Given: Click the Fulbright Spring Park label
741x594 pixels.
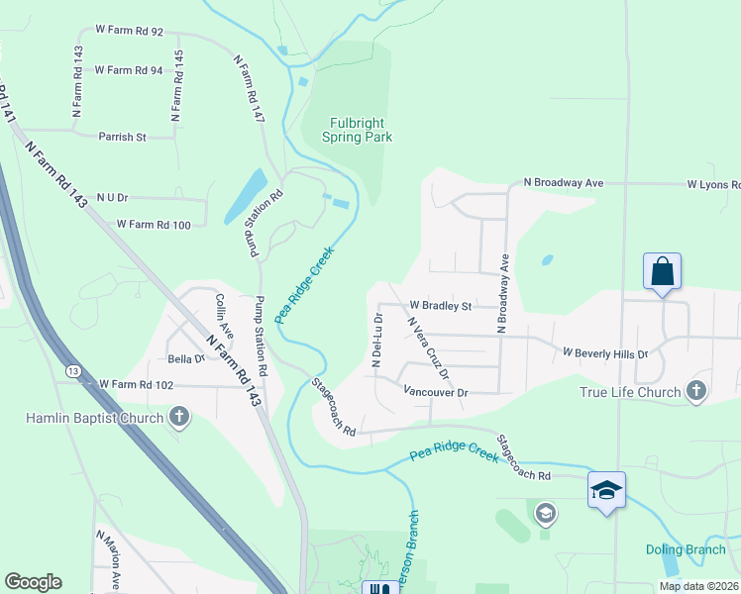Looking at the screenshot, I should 358,130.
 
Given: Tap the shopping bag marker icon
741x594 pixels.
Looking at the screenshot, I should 662,271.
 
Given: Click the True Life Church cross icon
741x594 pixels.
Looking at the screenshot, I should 696,392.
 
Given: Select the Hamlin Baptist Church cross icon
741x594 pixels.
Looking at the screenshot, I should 179,418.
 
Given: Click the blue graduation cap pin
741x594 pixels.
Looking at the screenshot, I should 606,490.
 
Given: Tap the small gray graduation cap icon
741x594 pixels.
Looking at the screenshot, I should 544,513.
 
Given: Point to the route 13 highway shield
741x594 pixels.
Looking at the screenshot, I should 73,369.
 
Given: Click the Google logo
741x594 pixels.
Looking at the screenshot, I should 33,582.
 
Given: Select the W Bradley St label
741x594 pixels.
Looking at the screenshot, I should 441,306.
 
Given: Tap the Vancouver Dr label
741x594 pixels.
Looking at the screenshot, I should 435,393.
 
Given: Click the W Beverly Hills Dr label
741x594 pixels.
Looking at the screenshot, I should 604,352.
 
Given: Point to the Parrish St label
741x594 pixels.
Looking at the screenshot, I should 122,137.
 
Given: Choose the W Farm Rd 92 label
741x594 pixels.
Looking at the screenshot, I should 129,32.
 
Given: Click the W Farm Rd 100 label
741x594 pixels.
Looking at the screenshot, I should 154,225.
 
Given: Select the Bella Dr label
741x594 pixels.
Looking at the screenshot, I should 185,358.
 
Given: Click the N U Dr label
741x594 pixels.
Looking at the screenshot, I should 112,198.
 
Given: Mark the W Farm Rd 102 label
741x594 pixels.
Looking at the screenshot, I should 136,385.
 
